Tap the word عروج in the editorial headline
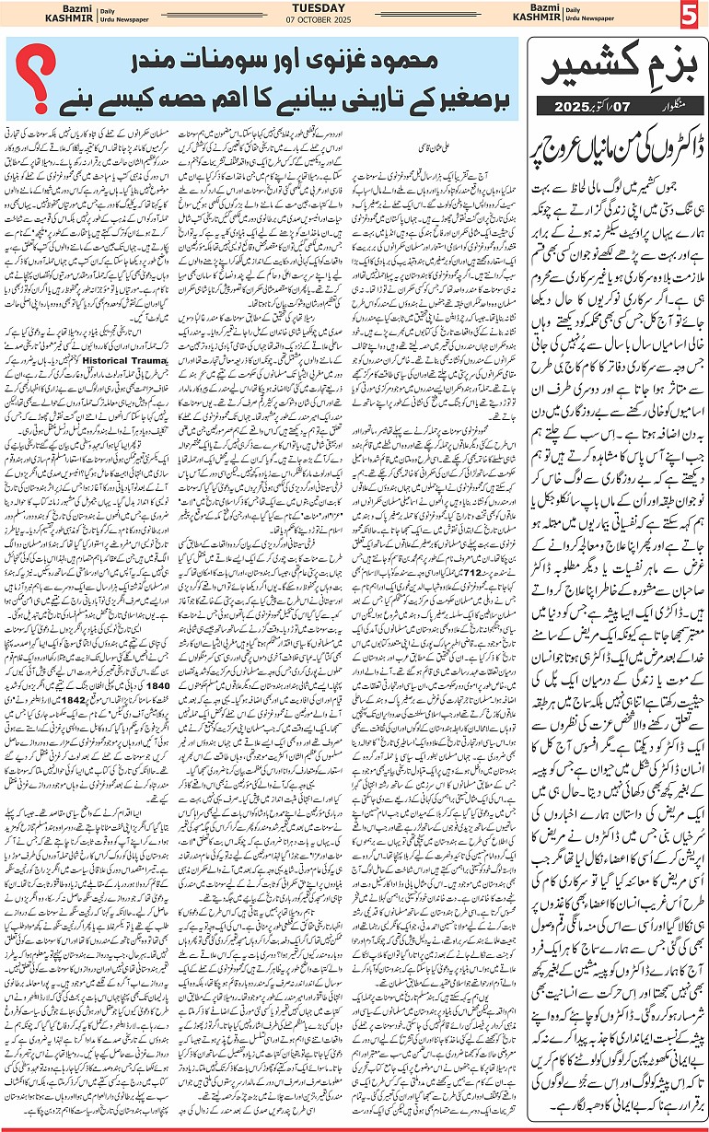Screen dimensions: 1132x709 (562, 146)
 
